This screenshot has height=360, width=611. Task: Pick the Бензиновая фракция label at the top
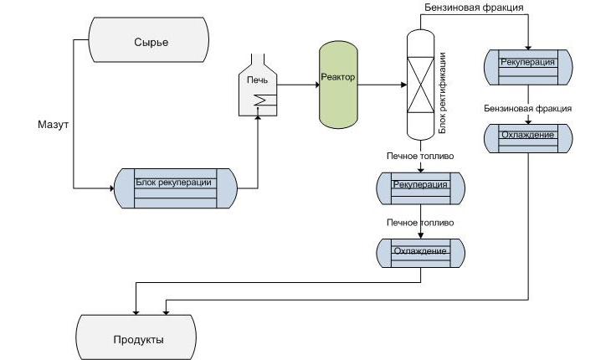pyautogui.click(x=474, y=8)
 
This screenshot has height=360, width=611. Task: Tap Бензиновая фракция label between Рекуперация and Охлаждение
pyautogui.click(x=528, y=109)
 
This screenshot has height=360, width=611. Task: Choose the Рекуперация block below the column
pyautogui.click(x=419, y=188)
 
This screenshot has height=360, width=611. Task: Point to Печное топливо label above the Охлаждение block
pyautogui.click(x=419, y=224)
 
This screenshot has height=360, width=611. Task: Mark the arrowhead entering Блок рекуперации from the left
pyautogui.click(x=109, y=188)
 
